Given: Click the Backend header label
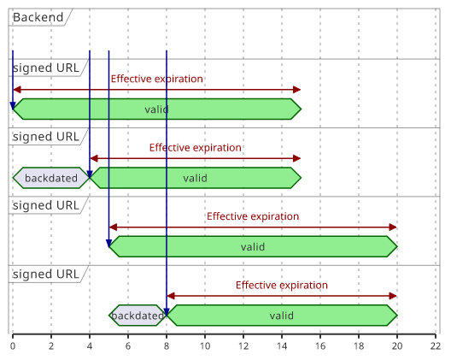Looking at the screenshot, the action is (38, 17).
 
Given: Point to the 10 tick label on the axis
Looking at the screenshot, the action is (205, 345).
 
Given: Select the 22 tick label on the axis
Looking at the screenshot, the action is (436, 345).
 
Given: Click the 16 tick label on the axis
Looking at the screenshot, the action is (320, 345).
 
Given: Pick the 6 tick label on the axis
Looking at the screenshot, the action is (128, 345).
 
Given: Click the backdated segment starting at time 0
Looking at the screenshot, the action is (51, 178).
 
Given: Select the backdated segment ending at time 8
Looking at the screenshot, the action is (138, 316).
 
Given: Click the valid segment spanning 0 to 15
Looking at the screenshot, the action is (157, 109).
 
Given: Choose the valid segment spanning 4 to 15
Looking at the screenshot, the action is (196, 178).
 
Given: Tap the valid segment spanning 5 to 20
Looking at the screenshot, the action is (253, 246).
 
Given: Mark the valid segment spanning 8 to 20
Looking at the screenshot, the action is (282, 316).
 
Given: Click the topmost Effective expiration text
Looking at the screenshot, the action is (157, 79).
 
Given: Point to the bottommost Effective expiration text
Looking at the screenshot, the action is (282, 285).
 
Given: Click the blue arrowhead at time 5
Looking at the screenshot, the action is (108, 244).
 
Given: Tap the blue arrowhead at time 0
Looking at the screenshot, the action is (13, 106).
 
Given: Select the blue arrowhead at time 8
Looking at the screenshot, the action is (167, 312).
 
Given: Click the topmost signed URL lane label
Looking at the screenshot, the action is (46, 68).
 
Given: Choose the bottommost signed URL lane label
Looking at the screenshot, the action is (46, 274).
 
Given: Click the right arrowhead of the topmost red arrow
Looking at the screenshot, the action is (297, 90).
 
